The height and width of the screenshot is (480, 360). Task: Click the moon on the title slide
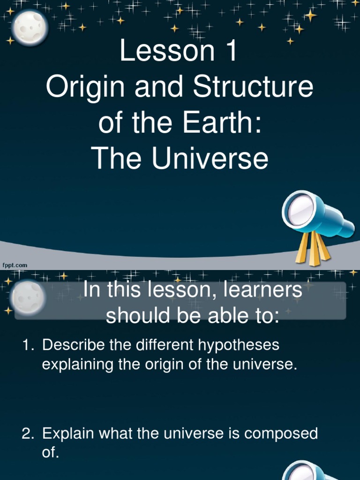click(x=30, y=27)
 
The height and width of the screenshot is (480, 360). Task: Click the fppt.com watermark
click(x=15, y=265)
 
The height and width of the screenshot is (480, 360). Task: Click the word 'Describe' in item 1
click(x=70, y=345)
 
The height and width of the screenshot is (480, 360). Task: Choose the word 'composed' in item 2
click(x=283, y=434)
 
